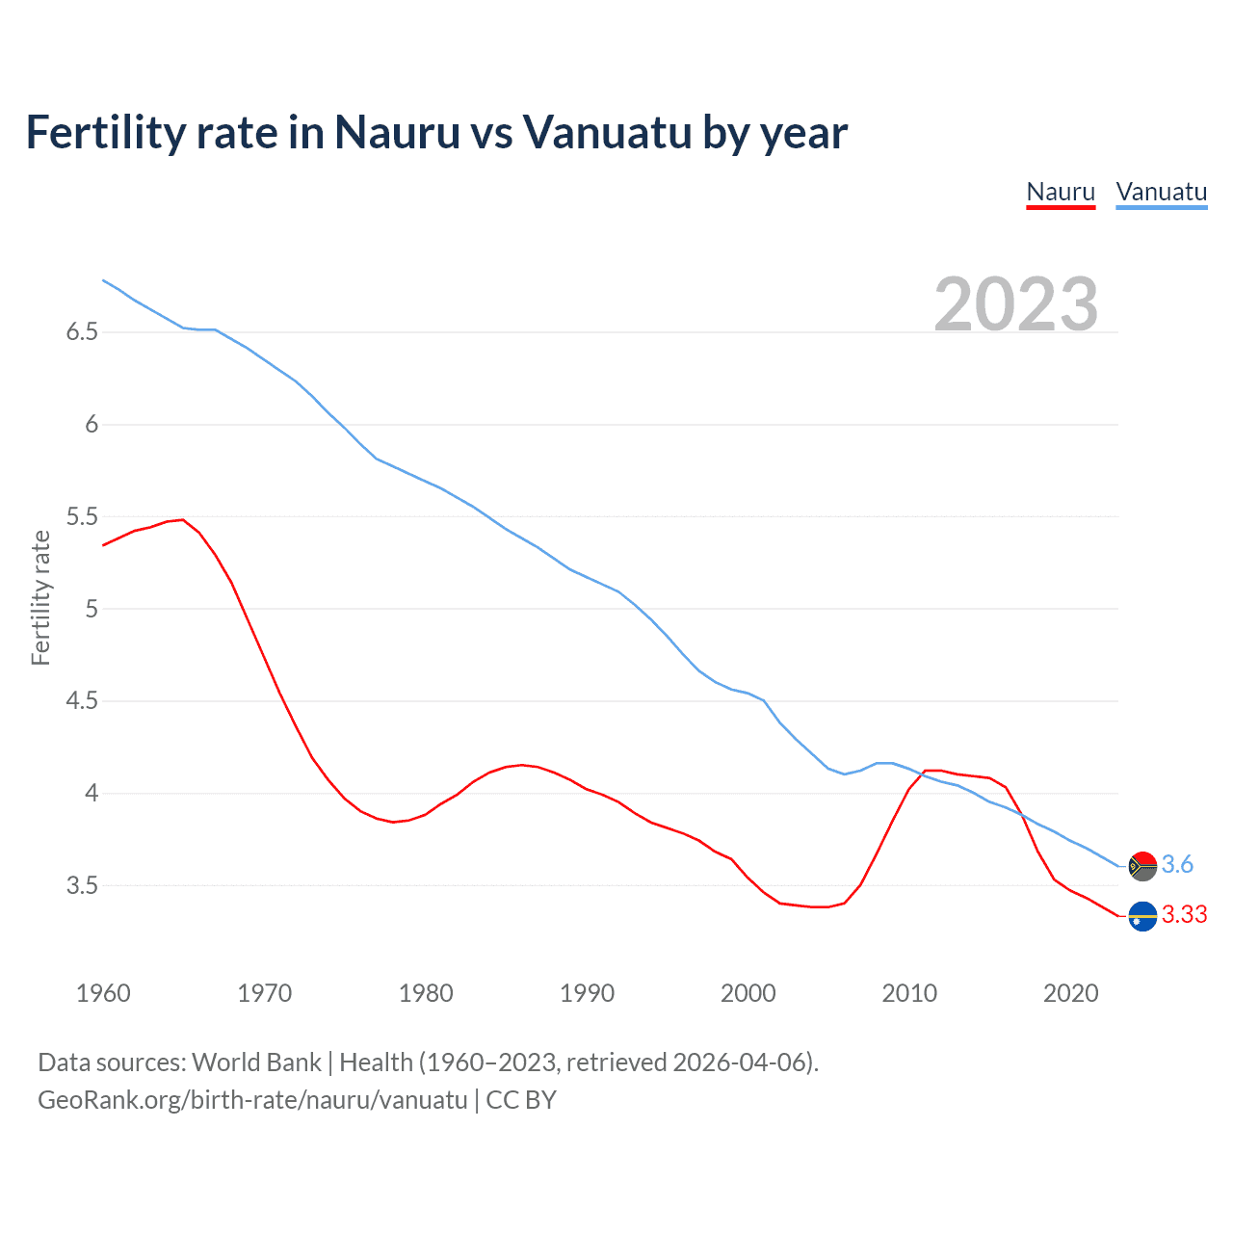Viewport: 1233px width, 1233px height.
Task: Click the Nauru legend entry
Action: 1061,192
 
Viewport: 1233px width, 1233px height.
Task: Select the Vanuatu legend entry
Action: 1161,192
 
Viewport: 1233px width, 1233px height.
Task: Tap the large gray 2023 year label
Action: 1015,304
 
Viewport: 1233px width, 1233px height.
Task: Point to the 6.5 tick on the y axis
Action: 82,332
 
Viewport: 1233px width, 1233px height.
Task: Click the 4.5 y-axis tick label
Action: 82,701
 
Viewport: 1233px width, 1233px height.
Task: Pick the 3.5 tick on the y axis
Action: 82,885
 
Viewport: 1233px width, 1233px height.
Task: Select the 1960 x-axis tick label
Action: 103,993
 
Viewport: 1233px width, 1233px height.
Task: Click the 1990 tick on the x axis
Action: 587,993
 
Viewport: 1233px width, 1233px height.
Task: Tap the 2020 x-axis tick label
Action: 1070,993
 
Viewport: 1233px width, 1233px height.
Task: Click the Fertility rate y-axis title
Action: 40,597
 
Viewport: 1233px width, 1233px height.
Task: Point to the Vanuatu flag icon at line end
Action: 1142,866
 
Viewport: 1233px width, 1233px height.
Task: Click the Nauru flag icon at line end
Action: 1142,916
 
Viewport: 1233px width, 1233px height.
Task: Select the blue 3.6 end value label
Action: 1177,865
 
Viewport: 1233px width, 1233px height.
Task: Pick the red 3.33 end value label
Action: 1184,915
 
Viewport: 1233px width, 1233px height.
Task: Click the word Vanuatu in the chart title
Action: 607,132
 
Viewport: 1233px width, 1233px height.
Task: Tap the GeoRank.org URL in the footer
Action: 252,1100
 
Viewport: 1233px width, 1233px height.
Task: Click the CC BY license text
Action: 521,1100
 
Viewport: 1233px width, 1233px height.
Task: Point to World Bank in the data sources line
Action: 256,1062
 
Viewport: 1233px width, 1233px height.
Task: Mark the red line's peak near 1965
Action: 183,519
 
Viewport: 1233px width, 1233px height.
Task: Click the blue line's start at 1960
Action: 103,280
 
